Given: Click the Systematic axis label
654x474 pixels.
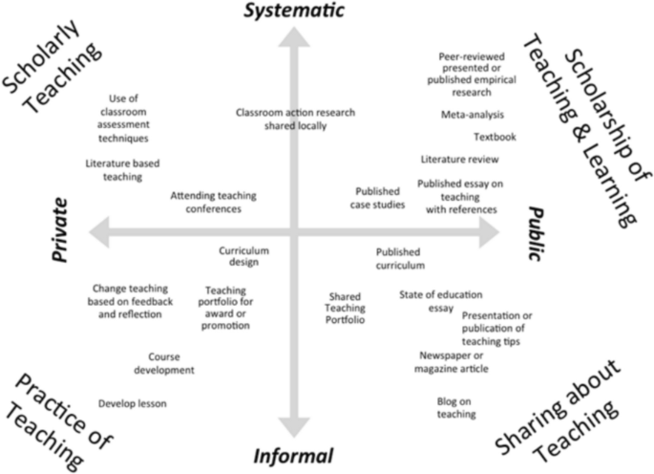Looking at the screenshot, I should pos(294,11).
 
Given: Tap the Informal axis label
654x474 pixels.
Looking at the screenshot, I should pos(293,455).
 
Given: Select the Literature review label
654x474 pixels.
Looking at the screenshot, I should pos(460,160).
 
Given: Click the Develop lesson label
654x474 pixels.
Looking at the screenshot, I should pos(133,403).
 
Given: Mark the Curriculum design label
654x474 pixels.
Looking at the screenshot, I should pos(244,256).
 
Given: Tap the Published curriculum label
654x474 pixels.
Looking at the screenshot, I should pos(400,259).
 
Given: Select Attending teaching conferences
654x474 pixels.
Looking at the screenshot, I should pos(214,202).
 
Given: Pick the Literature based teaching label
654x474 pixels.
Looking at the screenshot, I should pos(123,169).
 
